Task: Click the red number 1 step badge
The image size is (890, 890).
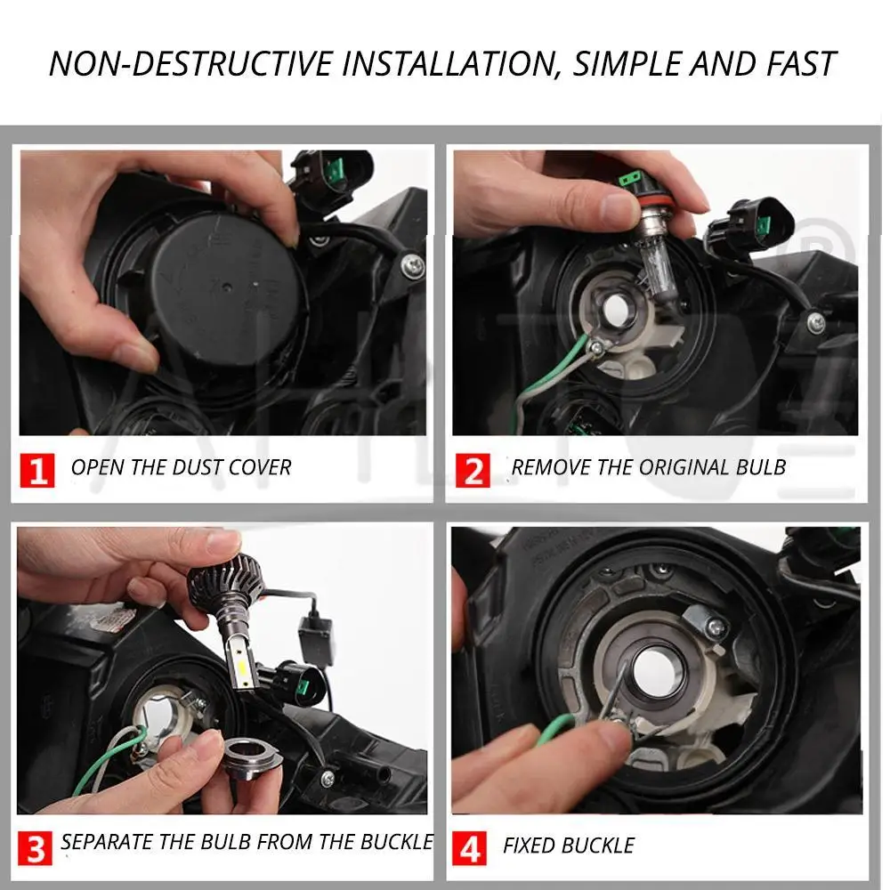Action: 36,470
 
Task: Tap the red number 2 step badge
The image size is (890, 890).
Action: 473,470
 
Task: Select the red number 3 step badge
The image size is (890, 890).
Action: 35,848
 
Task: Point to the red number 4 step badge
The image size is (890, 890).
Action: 469,848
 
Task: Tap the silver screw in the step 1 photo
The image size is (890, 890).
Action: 413,264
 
